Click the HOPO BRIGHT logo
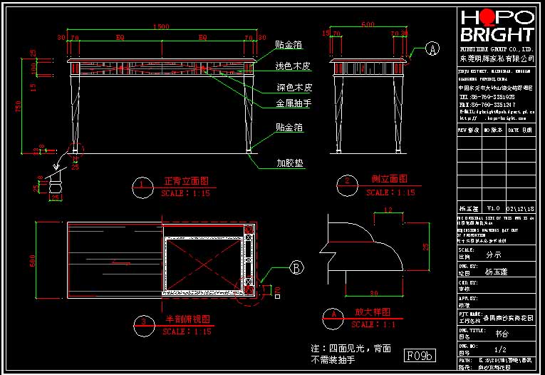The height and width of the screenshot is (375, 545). click(x=497, y=26)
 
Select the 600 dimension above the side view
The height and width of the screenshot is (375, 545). click(x=368, y=24)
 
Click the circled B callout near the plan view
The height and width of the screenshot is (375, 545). click(x=297, y=267)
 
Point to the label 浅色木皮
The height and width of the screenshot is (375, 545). click(x=294, y=66)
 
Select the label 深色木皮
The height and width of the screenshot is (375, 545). click(x=294, y=88)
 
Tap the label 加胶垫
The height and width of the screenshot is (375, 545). click(x=290, y=163)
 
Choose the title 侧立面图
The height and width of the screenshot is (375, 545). click(x=389, y=179)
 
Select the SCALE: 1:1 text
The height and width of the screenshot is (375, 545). click(x=374, y=324)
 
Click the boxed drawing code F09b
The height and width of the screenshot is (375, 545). click(x=420, y=354)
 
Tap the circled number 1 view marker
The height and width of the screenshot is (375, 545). click(x=142, y=186)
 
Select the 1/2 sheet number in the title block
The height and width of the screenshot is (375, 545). click(x=500, y=349)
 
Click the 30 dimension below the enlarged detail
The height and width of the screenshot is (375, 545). click(x=373, y=293)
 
